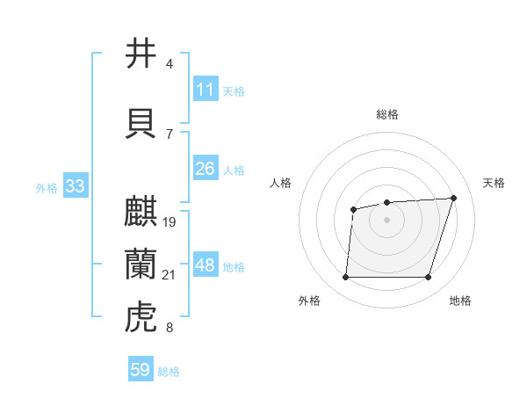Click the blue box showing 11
(205, 90)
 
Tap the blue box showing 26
(205, 168)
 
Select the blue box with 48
(205, 266)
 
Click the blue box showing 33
(75, 186)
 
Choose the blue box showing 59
(141, 370)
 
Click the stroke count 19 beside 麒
(170, 221)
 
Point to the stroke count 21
(170, 275)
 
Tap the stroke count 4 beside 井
(170, 64)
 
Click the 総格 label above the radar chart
(386, 114)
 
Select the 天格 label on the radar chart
(495, 183)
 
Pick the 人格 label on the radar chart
(281, 183)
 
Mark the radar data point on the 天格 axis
(453, 198)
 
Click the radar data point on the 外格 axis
(345, 278)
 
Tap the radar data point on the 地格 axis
(428, 278)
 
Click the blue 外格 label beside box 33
(46, 187)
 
